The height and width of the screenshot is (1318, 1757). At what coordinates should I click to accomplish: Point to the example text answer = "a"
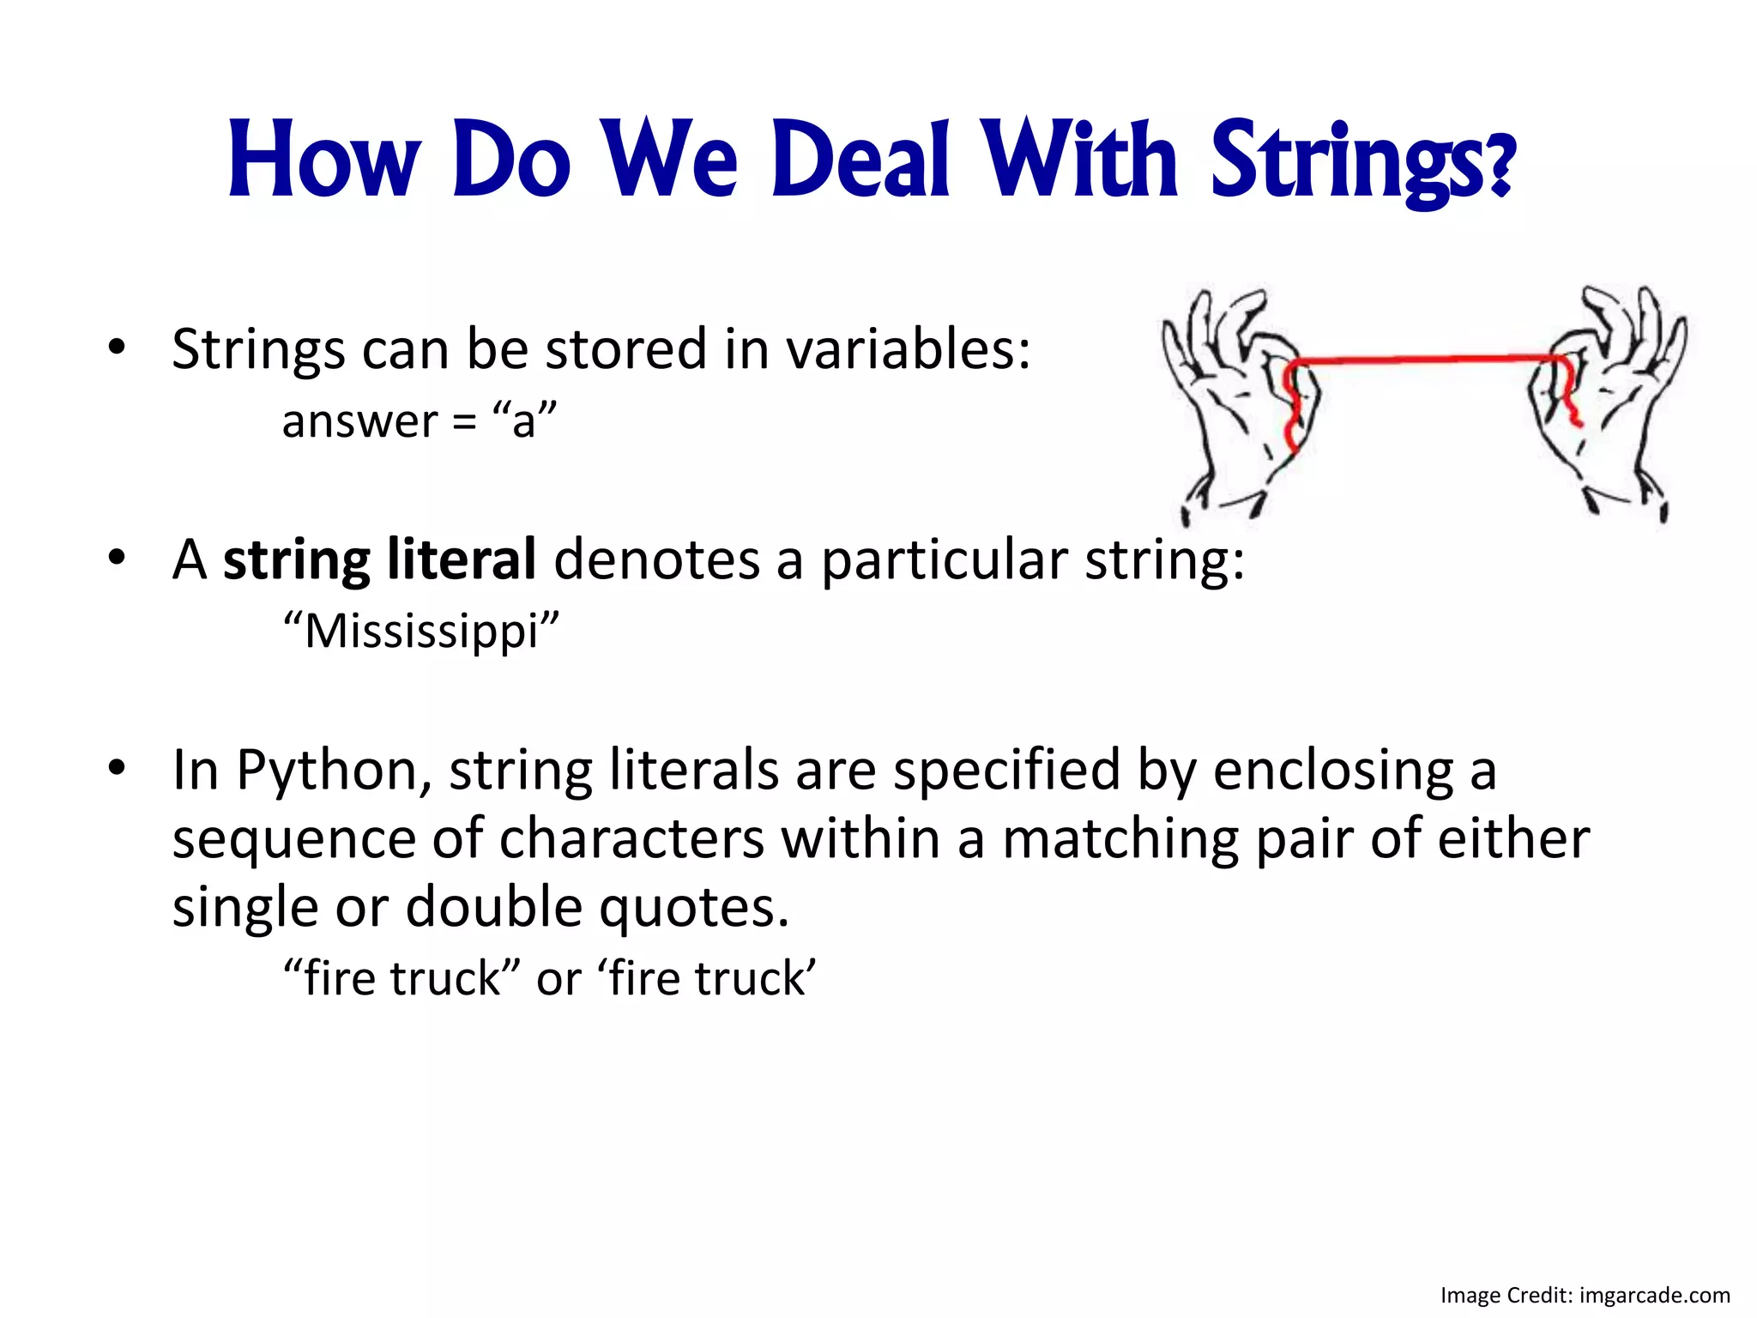419,420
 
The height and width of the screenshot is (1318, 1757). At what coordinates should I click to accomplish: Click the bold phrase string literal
379,559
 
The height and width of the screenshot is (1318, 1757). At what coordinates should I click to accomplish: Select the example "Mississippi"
420,631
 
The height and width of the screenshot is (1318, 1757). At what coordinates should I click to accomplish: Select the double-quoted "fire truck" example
402,978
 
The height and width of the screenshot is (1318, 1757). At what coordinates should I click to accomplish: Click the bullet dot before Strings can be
117,348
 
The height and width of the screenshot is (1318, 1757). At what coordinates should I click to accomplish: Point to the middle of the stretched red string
1428,359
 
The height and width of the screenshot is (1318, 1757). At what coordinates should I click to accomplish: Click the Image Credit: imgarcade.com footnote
1585,1295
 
